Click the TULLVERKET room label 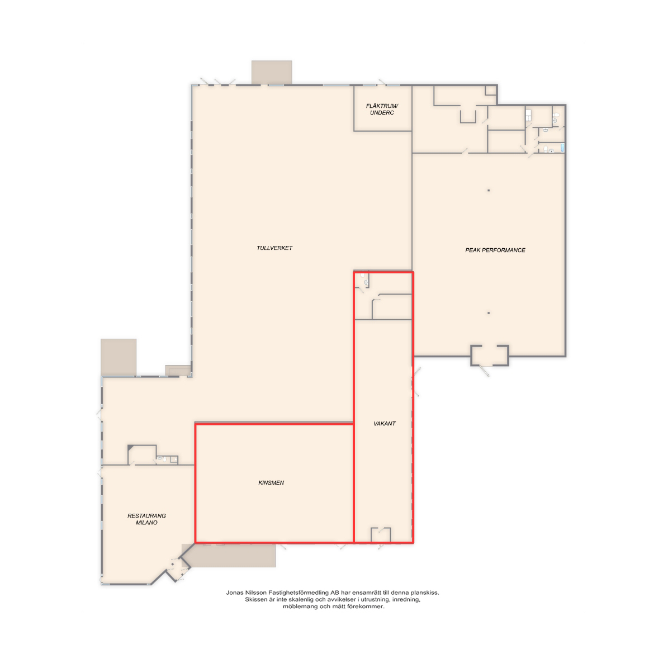point(274,248)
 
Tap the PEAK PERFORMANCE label point(495,250)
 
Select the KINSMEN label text point(271,482)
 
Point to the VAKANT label point(384,424)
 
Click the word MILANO point(146,523)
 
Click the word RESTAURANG point(146,516)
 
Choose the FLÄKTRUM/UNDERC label point(382,109)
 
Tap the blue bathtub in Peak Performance point(562,148)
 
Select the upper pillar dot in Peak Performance point(489,191)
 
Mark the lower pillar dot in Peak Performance point(489,313)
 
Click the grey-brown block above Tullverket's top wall point(272,73)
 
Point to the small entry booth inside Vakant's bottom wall point(381,534)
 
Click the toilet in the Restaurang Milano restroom point(164,459)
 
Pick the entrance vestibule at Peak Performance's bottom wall point(490,355)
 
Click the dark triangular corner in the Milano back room point(130,448)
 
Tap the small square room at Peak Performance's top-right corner point(491,91)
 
